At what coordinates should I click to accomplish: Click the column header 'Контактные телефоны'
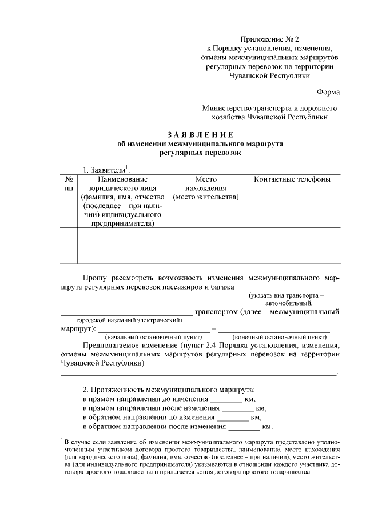click(292, 180)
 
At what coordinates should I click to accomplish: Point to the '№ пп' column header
click(69, 184)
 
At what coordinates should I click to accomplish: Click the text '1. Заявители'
click(105, 170)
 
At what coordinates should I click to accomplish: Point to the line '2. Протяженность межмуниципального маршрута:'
click(169, 389)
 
